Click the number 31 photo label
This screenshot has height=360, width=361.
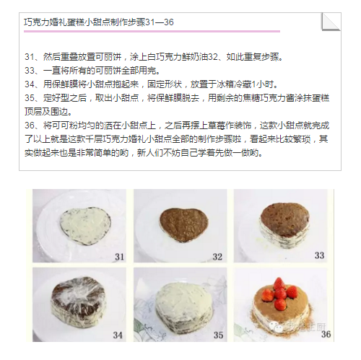pyautogui.click(x=119, y=257)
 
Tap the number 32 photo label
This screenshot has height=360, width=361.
pyautogui.click(x=217, y=257)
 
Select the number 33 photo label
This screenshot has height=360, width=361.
pyautogui.click(x=319, y=255)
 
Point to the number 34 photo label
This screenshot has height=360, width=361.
pyautogui.click(x=118, y=335)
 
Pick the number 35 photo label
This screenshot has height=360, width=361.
pyautogui.click(x=218, y=335)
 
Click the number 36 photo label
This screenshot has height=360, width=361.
pyautogui.click(x=326, y=334)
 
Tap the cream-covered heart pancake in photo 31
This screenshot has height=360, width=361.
pyautogui.click(x=85, y=227)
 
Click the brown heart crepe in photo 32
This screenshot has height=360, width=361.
pyautogui.click(x=183, y=224)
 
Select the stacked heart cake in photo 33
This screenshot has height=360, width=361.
pyautogui.click(x=285, y=226)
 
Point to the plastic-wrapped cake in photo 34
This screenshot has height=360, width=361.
pyautogui.click(x=79, y=302)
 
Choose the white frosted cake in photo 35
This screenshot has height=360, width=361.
pyautogui.click(x=183, y=304)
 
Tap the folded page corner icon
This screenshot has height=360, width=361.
pyautogui.click(x=331, y=22)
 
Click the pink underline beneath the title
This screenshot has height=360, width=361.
pyautogui.click(x=152, y=31)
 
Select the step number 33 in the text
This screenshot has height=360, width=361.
pyautogui.click(x=30, y=71)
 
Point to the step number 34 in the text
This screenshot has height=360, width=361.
pyautogui.click(x=30, y=84)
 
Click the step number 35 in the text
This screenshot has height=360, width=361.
pyautogui.click(x=30, y=98)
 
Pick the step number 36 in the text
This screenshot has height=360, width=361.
pyautogui.click(x=30, y=126)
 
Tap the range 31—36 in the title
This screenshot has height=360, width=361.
pyautogui.click(x=160, y=22)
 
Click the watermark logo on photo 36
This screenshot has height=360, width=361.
pyautogui.click(x=276, y=327)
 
